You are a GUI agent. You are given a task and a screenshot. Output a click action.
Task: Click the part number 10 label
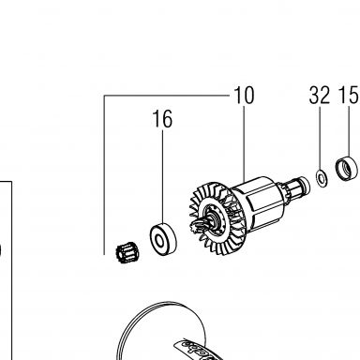pos(244,96)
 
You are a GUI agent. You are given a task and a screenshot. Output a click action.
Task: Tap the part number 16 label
pos(162,119)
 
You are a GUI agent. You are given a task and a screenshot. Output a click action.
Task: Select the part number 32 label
pos(320,96)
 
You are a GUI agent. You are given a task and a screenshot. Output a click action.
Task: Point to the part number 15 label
pos(348,96)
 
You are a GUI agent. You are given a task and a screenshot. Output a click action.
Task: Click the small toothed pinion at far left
pos(127,253)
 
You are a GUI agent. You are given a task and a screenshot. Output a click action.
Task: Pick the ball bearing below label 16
pos(163,240)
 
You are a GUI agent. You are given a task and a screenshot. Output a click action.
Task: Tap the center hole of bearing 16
pos(160,242)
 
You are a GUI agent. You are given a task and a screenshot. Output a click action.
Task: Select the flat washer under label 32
pos(322,179)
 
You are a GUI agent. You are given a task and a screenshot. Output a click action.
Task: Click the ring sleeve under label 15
pos(347,168)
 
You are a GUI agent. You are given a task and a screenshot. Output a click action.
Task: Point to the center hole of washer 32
pos(321,178)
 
